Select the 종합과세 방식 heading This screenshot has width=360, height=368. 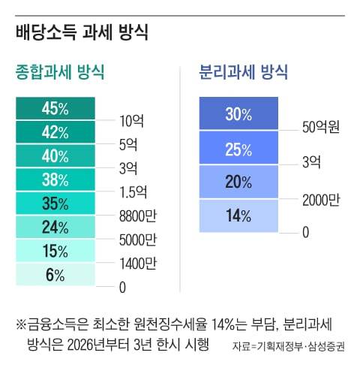click(x=60, y=73)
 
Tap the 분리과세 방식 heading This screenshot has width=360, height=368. click(x=243, y=73)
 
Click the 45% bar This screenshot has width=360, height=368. click(x=56, y=109)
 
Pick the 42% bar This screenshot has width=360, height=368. click(x=56, y=133)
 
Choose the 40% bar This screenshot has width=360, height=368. click(x=56, y=156)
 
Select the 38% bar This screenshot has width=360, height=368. click(x=56, y=179)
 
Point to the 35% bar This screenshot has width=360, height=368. click(x=56, y=204)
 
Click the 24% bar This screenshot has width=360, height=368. click(x=56, y=227)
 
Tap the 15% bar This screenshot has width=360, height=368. click(x=56, y=251)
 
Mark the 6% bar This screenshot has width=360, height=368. click(x=56, y=274)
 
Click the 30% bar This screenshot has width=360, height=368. click(x=238, y=114)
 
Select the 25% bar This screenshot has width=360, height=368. click(x=238, y=149)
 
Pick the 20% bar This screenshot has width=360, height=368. click(x=238, y=182)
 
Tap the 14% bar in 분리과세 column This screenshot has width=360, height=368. click(x=238, y=216)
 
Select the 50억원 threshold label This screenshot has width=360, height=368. click(x=322, y=127)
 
